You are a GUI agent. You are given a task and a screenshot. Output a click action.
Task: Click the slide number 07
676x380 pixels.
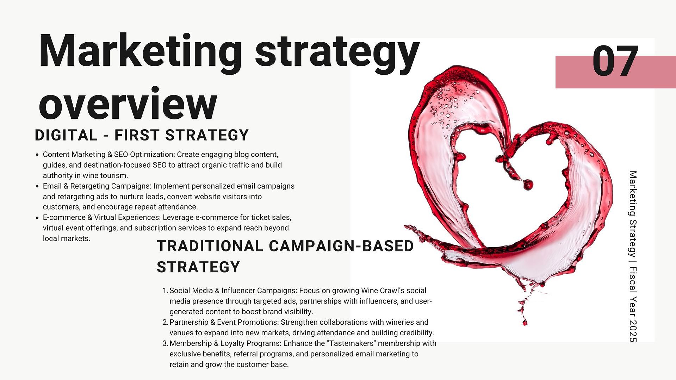[x=615, y=61]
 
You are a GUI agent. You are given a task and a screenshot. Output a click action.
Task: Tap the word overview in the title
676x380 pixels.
[x=128, y=104]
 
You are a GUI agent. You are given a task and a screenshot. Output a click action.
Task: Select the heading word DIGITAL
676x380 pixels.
[x=66, y=135]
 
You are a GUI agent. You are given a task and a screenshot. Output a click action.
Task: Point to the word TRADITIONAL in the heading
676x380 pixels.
[x=210, y=246]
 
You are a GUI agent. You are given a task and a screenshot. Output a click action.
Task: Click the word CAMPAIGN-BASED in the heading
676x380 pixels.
[x=341, y=246]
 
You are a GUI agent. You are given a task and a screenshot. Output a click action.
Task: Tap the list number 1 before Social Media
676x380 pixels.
[x=165, y=291]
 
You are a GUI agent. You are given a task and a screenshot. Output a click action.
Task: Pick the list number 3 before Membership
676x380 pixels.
[x=165, y=343]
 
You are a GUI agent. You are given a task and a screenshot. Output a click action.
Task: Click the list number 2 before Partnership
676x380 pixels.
[x=165, y=322]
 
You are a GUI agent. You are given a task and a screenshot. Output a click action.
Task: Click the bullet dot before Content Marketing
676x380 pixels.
[x=37, y=155]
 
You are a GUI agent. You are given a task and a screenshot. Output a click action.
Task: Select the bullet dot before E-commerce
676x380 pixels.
[x=37, y=218]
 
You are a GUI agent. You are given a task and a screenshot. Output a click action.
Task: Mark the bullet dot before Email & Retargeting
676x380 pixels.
[x=37, y=186]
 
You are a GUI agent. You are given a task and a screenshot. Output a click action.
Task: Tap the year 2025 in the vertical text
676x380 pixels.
[x=633, y=331]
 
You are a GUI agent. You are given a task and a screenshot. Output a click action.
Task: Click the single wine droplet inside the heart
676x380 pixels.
[x=528, y=185]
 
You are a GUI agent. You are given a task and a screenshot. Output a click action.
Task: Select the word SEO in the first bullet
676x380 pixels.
[x=121, y=154]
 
